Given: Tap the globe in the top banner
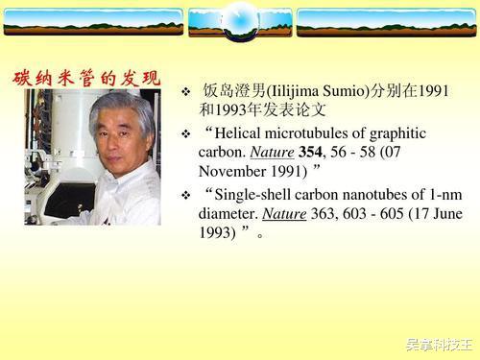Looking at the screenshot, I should click(239, 18).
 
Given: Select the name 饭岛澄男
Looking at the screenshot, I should click(233, 90).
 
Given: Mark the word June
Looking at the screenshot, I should click(433, 214).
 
